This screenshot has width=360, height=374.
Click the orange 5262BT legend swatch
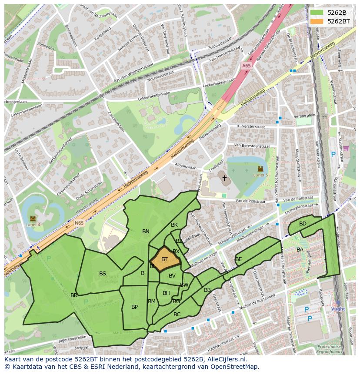(316, 21)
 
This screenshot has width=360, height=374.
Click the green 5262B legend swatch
(316, 13)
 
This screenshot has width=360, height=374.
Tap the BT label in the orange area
(164, 259)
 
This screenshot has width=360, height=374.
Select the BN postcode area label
(146, 232)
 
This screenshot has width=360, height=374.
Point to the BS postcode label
(102, 274)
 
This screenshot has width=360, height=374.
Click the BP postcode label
(134, 307)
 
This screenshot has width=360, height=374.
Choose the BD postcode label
(303, 224)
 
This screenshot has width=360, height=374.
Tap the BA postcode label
(300, 250)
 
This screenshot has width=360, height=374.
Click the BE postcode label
(238, 259)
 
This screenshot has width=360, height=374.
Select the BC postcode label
(177, 314)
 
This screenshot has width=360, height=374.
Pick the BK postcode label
(174, 225)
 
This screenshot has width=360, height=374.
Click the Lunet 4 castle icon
(33, 218)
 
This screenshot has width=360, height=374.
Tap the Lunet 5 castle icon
(260, 168)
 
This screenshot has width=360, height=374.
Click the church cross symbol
(224, 178)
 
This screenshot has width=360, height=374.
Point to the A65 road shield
(246, 66)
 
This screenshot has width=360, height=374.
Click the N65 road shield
(79, 223)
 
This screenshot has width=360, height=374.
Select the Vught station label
(338, 309)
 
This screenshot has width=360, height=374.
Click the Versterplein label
(304, 116)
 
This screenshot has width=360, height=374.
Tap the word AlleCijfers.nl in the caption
(225, 359)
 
